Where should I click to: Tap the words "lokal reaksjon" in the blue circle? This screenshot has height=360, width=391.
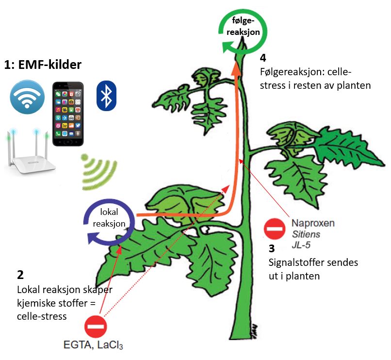coord(113,219)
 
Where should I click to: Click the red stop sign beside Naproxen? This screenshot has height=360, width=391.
coord(275,229)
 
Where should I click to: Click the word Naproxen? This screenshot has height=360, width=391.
coord(313,224)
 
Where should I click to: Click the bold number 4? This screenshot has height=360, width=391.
coord(263,58)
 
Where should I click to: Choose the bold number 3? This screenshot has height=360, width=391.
coord(272,249)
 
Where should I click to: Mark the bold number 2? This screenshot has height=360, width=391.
coord(20,275)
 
